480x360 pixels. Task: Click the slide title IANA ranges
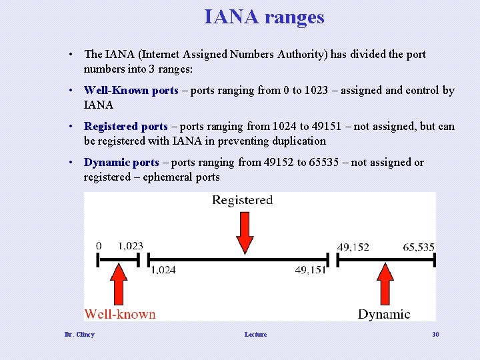click(x=264, y=17)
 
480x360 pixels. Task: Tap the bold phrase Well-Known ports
click(x=131, y=90)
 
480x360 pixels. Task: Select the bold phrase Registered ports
click(x=125, y=126)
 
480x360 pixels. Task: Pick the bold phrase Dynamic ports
click(x=121, y=162)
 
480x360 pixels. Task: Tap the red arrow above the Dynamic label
click(x=385, y=283)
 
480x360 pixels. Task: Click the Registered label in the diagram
click(x=242, y=200)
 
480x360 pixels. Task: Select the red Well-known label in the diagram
click(x=120, y=314)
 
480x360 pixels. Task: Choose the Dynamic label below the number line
click(x=384, y=314)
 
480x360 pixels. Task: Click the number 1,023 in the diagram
click(x=130, y=246)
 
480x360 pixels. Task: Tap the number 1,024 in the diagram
click(x=163, y=270)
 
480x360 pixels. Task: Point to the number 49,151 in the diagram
click(x=310, y=270)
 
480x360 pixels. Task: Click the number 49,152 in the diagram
click(x=353, y=247)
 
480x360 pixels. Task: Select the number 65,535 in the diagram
click(x=418, y=247)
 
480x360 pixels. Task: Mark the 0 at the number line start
click(x=99, y=246)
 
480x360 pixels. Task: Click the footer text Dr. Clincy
click(x=79, y=335)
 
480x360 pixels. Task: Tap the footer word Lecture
click(x=255, y=335)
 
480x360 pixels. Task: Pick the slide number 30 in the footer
click(x=435, y=335)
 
